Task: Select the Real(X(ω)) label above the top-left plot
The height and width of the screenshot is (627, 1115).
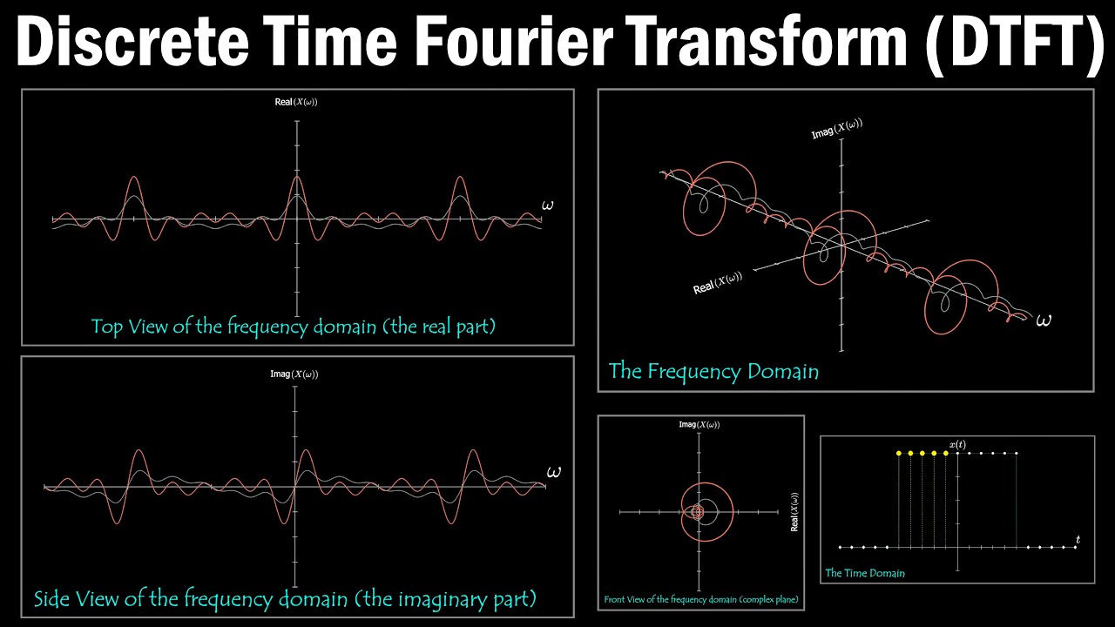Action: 296,102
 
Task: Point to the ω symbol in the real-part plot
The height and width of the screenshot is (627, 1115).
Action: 547,206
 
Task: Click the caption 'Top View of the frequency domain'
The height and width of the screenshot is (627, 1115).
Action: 294,327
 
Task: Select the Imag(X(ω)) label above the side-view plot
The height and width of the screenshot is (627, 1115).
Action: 294,374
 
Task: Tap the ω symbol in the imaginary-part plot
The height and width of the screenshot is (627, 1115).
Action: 553,472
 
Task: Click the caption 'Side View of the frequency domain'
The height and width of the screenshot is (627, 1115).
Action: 285,598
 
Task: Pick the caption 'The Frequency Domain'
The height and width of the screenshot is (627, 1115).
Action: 713,371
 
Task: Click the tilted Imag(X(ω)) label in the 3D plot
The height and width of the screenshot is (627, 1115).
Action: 836,129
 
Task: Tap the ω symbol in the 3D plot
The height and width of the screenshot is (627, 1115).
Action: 1044,320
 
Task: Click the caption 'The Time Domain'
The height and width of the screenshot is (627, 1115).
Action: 865,573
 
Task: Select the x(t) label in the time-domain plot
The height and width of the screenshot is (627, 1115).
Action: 957,445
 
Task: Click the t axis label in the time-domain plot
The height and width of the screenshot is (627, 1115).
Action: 1078,540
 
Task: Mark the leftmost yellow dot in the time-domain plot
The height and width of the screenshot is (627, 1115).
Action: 898,453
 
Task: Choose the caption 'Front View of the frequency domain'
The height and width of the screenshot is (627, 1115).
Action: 701,600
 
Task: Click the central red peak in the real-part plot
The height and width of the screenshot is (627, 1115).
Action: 297,179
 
